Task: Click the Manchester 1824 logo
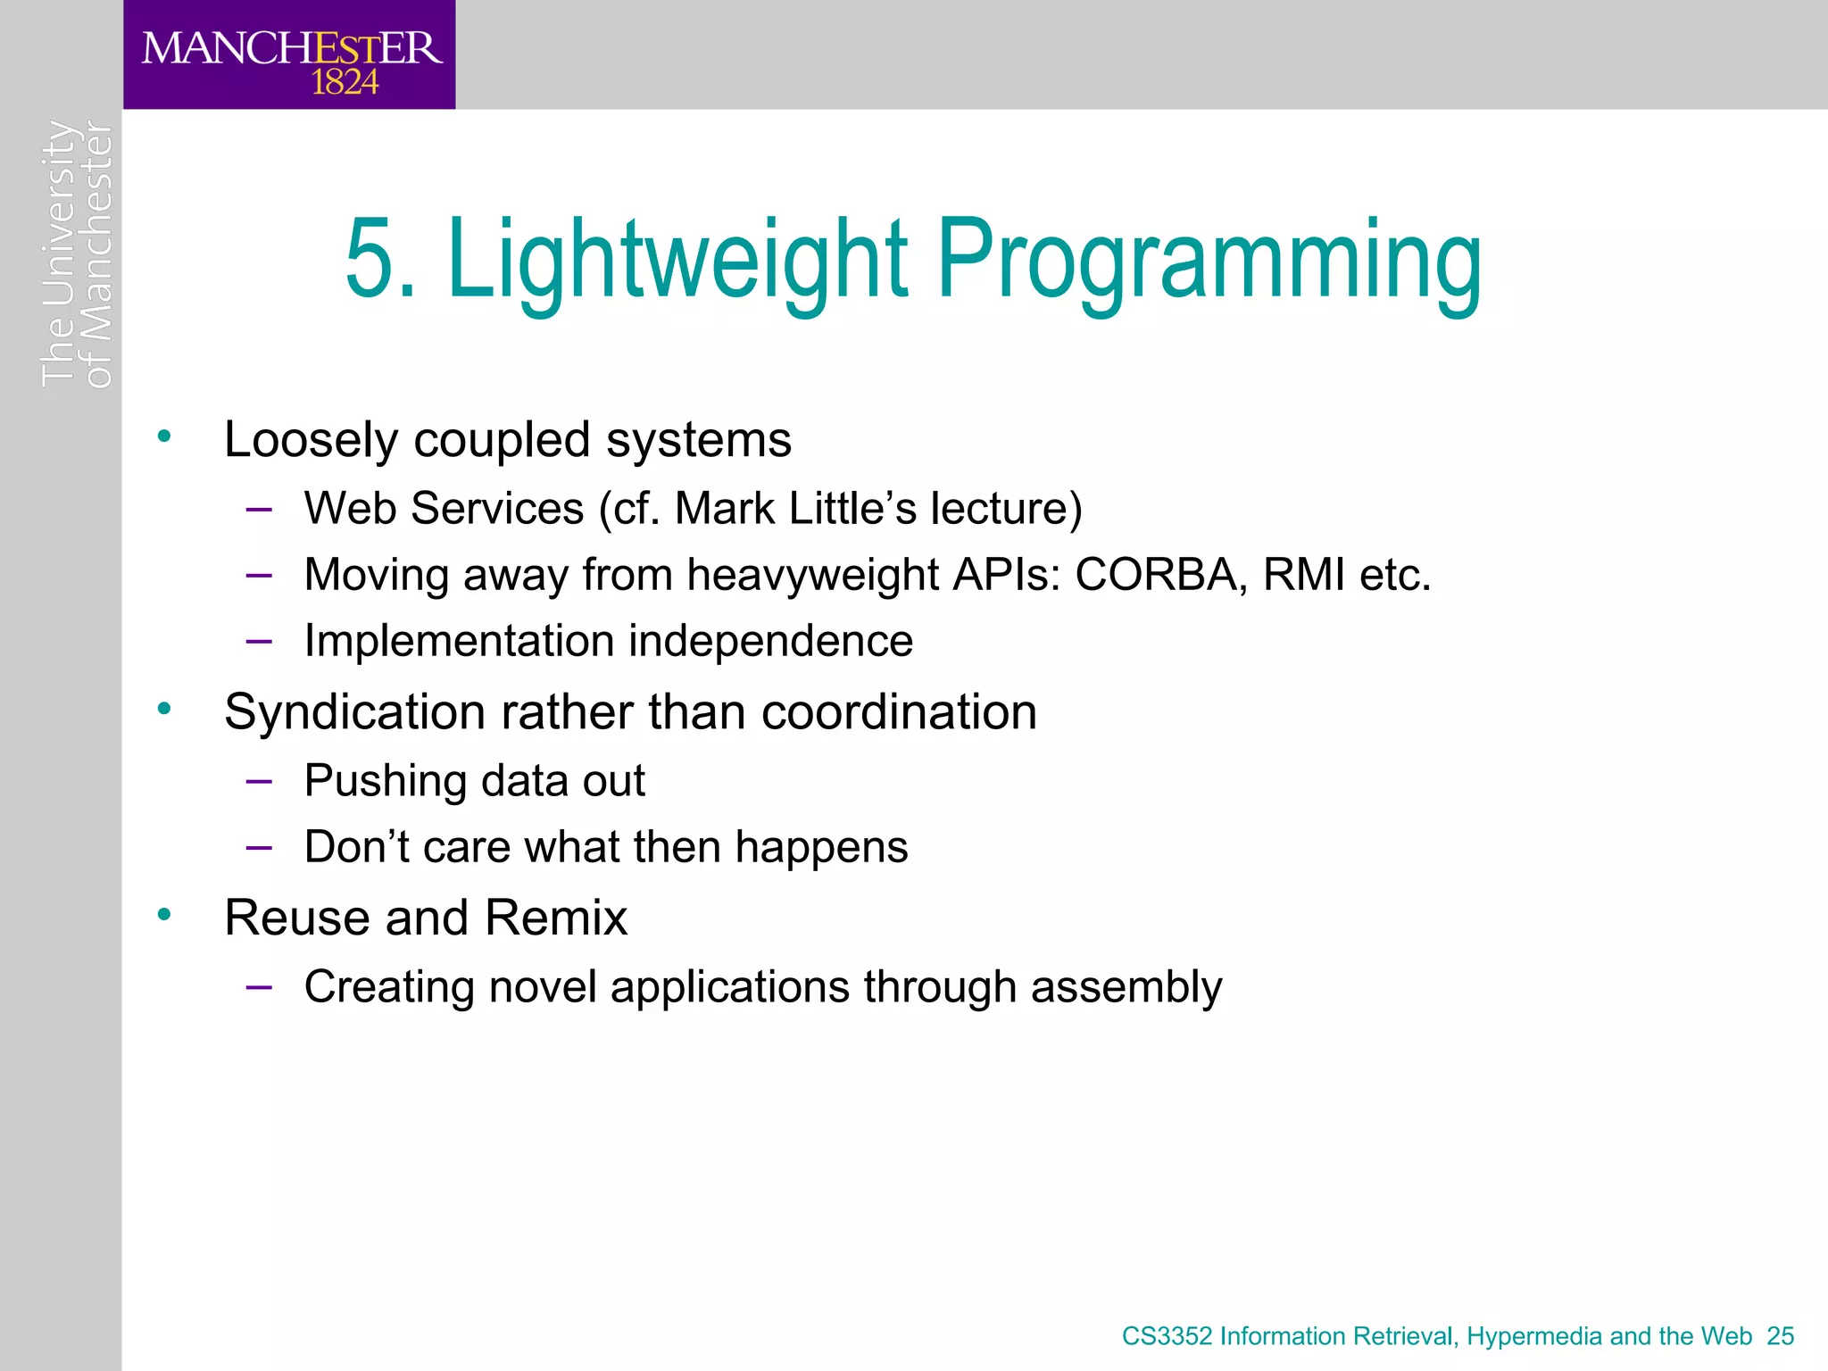(290, 55)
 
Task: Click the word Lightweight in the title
(677, 260)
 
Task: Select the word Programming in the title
(1209, 260)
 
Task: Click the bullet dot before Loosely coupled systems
(163, 436)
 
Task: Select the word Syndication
(355, 713)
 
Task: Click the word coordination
(899, 712)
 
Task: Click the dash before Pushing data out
(259, 781)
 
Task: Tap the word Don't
(356, 846)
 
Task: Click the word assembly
(1126, 987)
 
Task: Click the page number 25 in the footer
(1780, 1336)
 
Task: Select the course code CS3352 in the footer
(1167, 1336)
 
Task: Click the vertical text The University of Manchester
(77, 254)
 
